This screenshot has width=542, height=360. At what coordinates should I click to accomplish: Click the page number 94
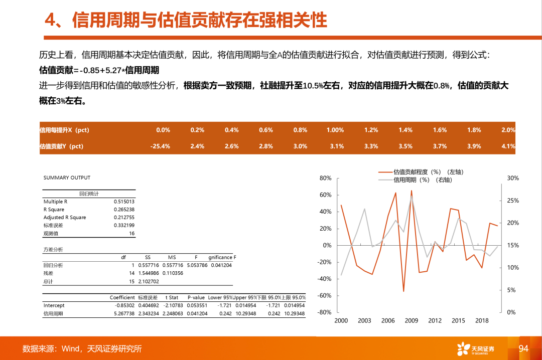[523, 348]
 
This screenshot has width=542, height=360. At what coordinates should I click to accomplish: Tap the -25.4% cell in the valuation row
[160, 146]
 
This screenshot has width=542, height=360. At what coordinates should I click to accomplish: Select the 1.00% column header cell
[335, 130]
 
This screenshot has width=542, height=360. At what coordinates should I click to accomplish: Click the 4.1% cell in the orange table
[508, 146]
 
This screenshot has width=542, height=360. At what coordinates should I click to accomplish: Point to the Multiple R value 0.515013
[124, 202]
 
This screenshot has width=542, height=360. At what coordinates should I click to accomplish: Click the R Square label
[54, 210]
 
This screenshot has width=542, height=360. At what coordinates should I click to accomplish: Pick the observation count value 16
[131, 234]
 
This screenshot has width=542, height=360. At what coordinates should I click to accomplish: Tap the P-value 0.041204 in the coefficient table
[197, 313]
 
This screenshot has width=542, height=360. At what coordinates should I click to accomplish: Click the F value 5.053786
[197, 265]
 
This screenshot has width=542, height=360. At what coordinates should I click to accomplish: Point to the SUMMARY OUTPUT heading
[67, 177]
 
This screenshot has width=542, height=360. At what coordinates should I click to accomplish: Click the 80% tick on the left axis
[325, 178]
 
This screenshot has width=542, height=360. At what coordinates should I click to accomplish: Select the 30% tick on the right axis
[512, 178]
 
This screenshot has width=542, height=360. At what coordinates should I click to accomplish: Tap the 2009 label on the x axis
[412, 320]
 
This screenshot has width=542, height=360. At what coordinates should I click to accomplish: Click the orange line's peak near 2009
[412, 191]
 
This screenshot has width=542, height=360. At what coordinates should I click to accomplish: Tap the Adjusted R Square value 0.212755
[124, 218]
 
